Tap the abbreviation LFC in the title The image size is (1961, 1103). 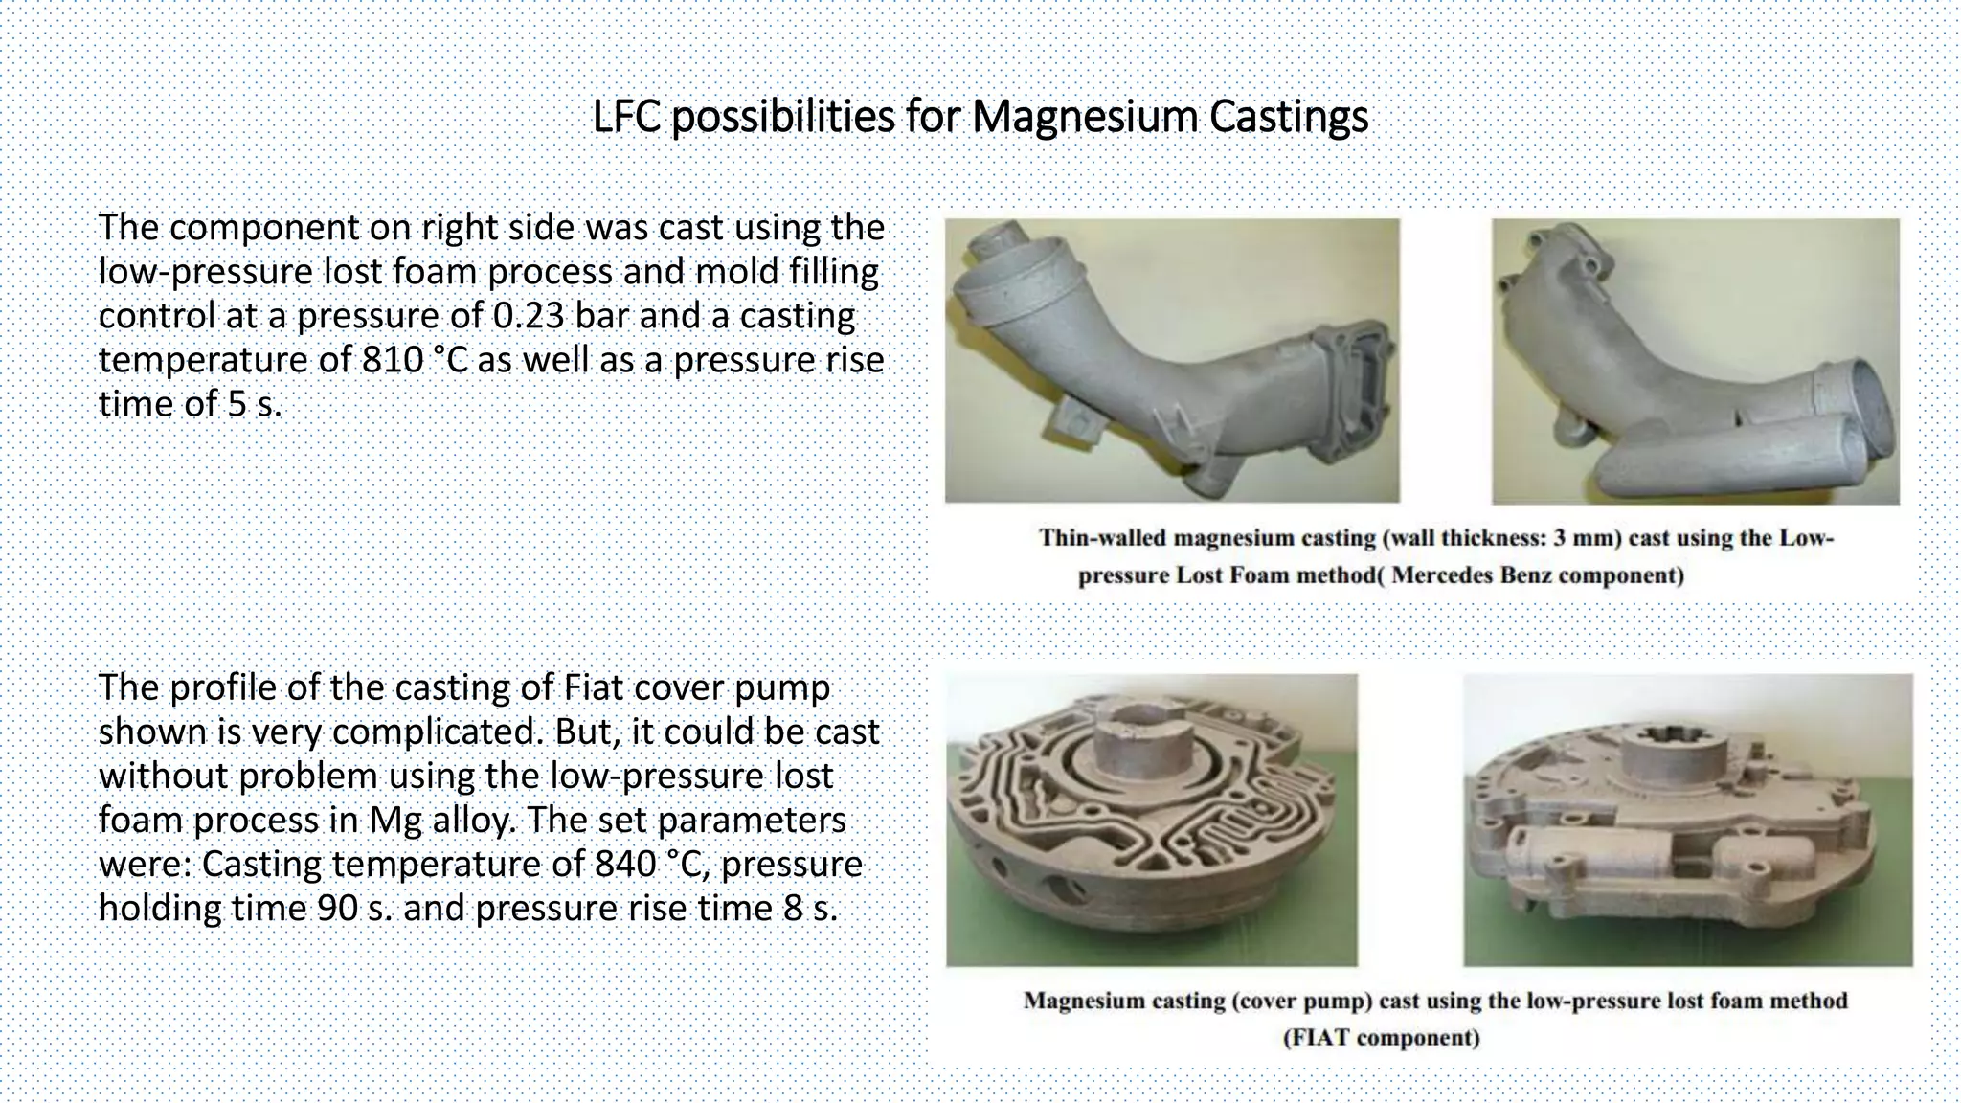[x=627, y=117]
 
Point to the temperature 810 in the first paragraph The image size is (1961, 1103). [x=393, y=360]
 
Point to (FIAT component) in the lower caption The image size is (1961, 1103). [x=1381, y=1038]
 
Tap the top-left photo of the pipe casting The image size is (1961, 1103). [x=1172, y=360]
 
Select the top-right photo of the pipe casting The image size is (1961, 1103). [x=1695, y=360]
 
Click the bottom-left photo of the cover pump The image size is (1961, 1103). [x=1151, y=820]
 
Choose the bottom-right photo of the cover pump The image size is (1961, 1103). [x=1687, y=820]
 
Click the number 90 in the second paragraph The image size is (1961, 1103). [x=335, y=908]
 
